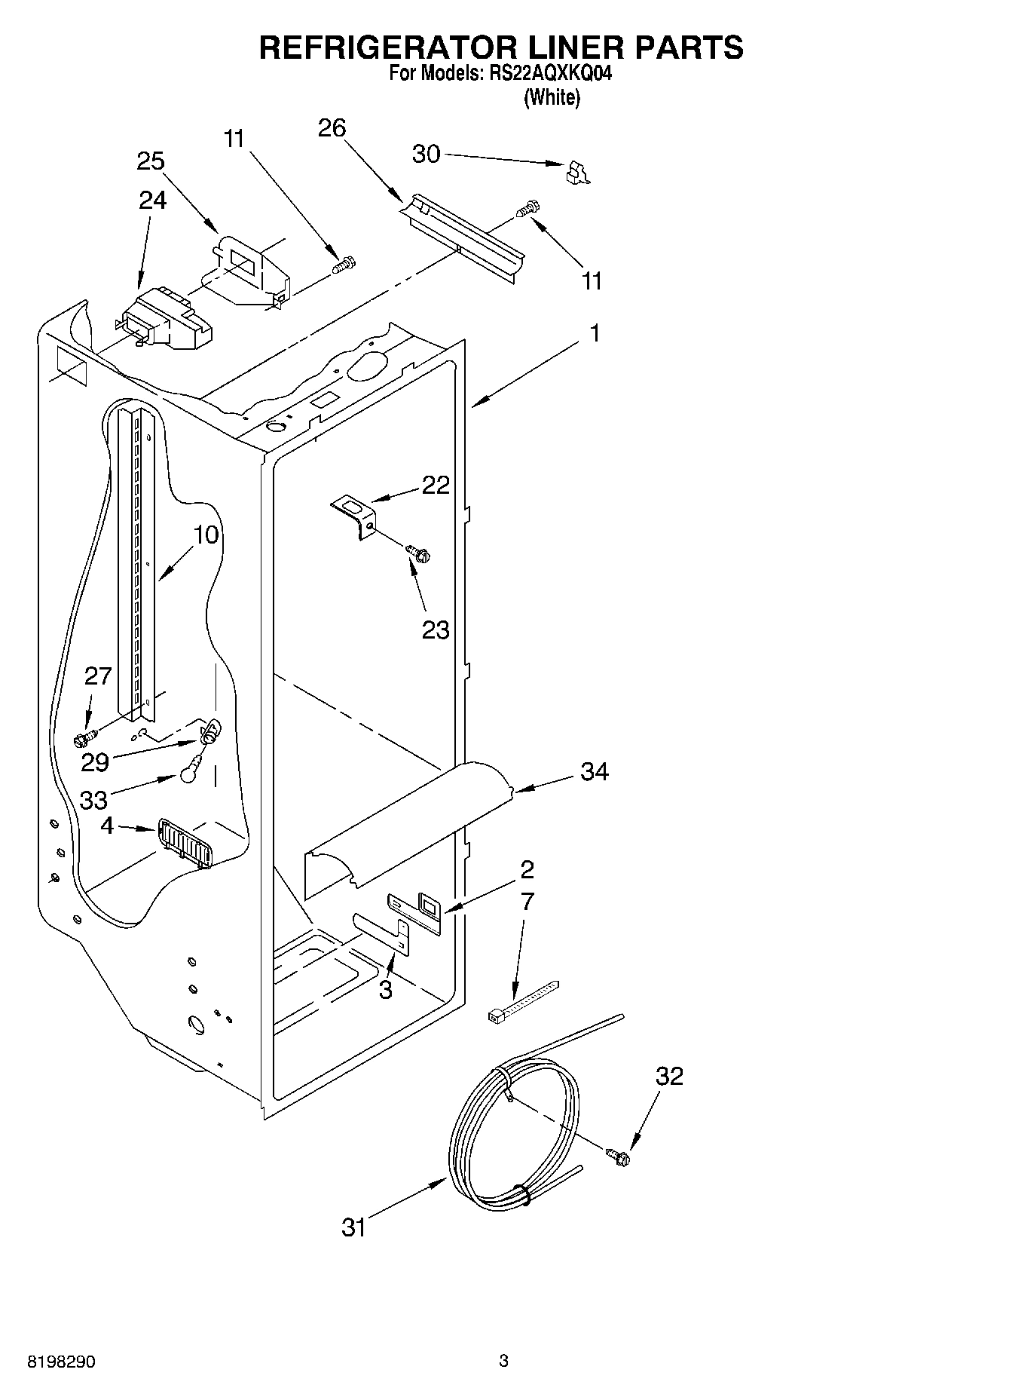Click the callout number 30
[426, 154]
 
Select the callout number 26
[332, 128]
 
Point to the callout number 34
[594, 771]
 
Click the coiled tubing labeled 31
[512, 1138]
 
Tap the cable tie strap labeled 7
[523, 1003]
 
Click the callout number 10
[206, 535]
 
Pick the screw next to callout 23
[418, 553]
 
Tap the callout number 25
[151, 161]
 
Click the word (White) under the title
[552, 97]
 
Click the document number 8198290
[62, 1362]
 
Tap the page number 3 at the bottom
[503, 1361]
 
